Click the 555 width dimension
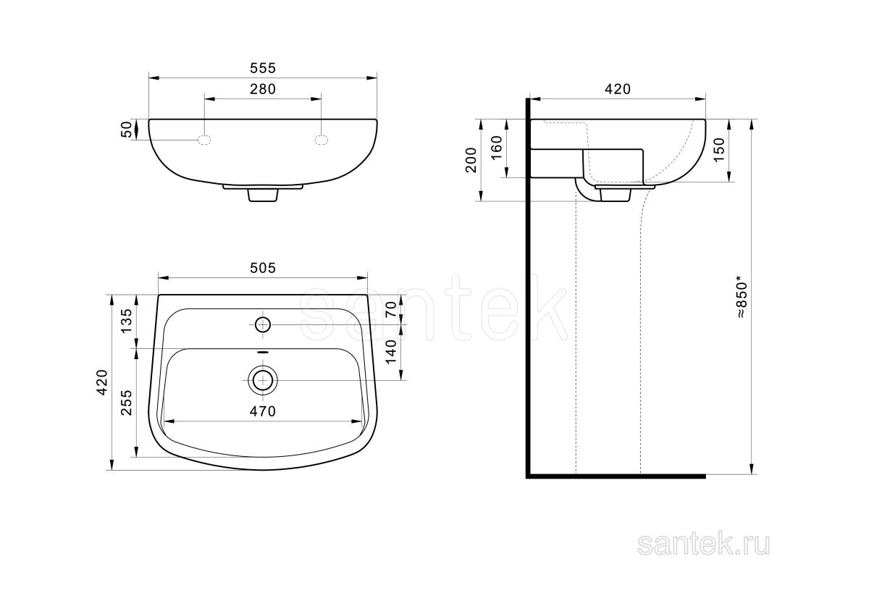(x=263, y=68)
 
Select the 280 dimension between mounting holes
(x=263, y=90)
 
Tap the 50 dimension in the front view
(x=127, y=130)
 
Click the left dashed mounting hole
(x=204, y=140)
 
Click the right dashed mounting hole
(x=322, y=140)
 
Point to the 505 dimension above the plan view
(x=263, y=268)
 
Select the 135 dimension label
(x=127, y=321)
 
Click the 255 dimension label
(x=127, y=403)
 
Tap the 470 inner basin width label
(x=263, y=411)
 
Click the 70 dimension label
(x=391, y=309)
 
